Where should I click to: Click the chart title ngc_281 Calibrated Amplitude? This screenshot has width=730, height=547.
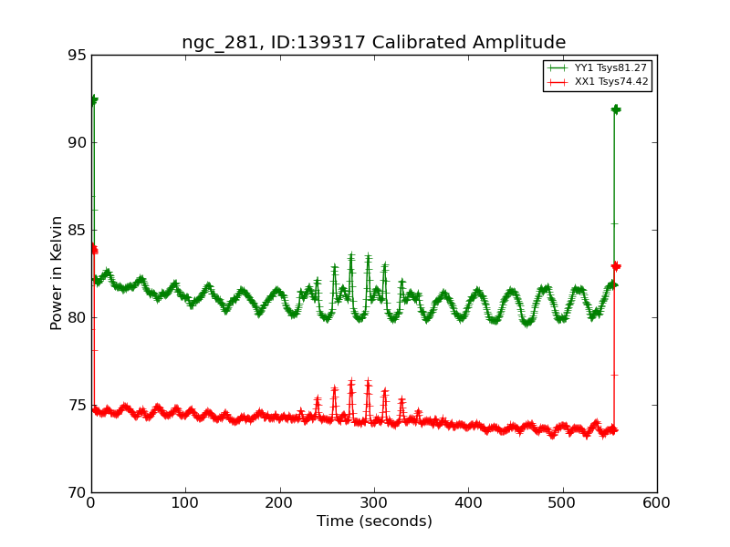[x=373, y=42]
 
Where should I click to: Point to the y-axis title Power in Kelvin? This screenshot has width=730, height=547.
[x=57, y=273]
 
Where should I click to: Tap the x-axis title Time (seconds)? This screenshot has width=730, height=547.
[x=374, y=521]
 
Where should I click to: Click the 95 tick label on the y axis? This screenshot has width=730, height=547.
[x=77, y=56]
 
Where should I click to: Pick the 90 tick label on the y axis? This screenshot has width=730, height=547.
[x=77, y=143]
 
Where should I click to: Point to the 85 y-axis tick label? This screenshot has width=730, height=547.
[x=77, y=231]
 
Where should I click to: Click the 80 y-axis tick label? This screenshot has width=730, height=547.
[x=77, y=318]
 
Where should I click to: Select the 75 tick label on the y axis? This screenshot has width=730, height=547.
[x=77, y=406]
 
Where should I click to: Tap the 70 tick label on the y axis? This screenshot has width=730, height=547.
[x=77, y=493]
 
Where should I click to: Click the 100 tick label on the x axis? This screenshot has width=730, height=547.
[x=185, y=502]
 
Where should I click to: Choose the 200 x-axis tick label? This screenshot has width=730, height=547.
[x=280, y=502]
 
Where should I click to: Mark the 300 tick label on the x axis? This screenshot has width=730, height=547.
[x=374, y=502]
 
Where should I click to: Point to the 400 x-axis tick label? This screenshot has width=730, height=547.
[x=468, y=502]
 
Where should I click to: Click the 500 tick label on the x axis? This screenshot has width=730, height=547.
[x=563, y=502]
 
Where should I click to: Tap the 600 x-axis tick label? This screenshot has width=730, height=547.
[x=657, y=502]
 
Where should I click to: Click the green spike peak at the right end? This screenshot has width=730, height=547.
[x=616, y=109]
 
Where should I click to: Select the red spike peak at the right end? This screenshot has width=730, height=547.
[x=616, y=266]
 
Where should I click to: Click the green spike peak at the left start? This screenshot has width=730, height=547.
[x=93, y=99]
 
